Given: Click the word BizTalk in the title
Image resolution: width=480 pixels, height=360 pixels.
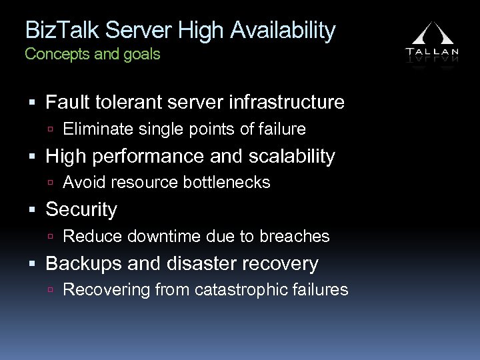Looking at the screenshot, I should pos(57,31).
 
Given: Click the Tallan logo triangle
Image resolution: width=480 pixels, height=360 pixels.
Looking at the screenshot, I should pos(431,35).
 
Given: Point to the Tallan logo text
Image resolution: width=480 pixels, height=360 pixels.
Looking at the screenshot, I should pos(431,51).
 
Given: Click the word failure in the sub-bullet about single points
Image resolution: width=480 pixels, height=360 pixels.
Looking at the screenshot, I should pos(281,129).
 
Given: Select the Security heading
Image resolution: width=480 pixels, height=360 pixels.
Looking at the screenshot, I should pos(81,210).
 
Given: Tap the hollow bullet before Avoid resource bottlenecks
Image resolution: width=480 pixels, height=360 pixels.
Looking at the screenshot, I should pos(53,183).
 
